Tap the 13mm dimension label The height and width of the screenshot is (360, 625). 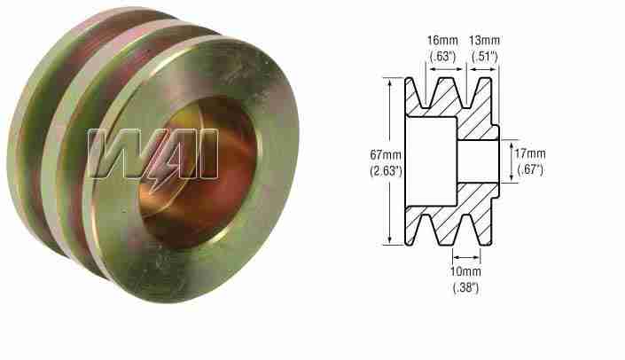tap(484, 40)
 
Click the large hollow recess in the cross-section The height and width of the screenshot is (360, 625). tap(432, 160)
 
